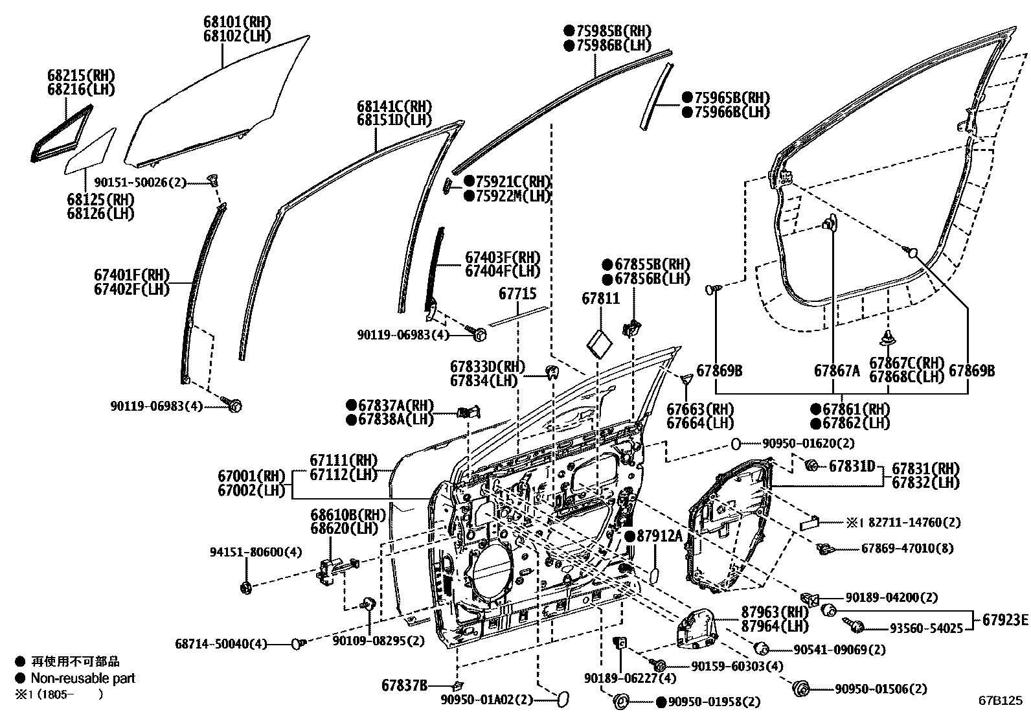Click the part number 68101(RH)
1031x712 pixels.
coord(237,23)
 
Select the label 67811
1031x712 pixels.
coord(600,299)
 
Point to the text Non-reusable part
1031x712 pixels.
coord(83,678)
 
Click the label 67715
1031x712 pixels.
coord(517,294)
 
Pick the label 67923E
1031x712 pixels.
coord(1004,619)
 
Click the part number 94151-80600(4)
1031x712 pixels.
coord(246,552)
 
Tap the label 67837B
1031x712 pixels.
coord(404,685)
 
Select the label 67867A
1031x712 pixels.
coord(836,371)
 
